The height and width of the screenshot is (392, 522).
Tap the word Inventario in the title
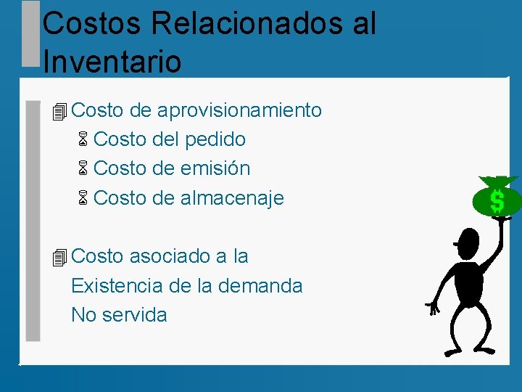[112, 61]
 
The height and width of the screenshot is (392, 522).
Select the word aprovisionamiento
[239, 110]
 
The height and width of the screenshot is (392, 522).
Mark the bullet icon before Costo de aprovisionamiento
[59, 112]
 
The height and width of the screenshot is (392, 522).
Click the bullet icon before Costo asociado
[59, 257]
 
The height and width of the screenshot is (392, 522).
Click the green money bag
[497, 198]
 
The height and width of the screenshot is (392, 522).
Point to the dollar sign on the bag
[497, 201]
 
